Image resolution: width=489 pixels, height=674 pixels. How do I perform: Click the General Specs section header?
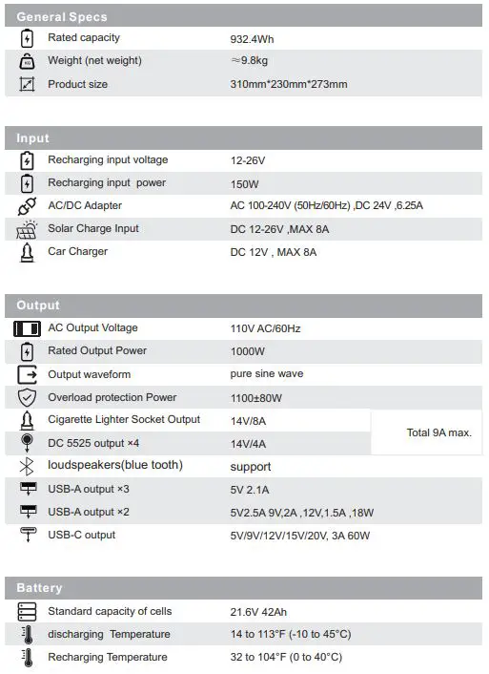point(62,16)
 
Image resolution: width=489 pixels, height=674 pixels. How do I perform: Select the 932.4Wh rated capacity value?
point(252,39)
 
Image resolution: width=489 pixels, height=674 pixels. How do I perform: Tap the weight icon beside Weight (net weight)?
point(27,61)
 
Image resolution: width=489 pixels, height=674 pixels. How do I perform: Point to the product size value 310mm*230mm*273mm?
point(289,85)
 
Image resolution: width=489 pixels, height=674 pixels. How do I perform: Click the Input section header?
point(32,138)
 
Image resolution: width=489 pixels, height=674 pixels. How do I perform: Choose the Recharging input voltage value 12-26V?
point(249,161)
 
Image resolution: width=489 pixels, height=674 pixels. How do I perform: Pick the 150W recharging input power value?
point(244,184)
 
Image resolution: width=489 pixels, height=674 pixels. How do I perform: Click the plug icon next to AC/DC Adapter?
point(27,206)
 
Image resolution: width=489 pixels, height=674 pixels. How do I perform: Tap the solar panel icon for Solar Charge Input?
point(27,230)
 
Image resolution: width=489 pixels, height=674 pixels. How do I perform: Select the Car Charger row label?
point(77,252)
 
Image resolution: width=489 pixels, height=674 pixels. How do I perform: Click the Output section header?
point(38,305)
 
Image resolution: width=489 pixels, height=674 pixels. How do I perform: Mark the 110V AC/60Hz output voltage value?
point(265,328)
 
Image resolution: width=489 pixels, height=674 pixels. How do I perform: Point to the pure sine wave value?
point(267,374)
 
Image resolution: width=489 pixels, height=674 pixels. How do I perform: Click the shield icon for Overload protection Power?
point(27,398)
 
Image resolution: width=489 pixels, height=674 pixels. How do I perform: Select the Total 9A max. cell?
point(438,432)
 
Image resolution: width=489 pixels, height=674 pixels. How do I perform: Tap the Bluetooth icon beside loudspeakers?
point(27,466)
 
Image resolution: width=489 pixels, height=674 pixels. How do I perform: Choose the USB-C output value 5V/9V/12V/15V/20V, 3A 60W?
point(299,536)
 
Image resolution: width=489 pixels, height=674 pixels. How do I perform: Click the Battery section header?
point(39,588)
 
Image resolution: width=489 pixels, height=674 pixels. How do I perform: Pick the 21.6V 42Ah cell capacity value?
point(264,612)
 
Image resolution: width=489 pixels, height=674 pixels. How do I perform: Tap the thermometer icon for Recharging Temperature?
point(27,658)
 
